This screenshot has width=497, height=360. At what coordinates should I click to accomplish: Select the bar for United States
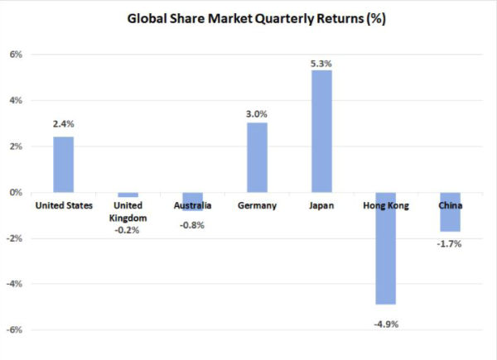coord(63,164)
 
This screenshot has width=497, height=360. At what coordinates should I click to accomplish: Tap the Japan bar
coord(321,131)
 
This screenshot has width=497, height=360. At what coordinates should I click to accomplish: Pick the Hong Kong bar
coord(387,248)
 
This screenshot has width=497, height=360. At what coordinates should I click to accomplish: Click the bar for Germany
coord(257,157)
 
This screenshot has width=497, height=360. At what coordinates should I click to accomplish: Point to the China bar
coord(451,212)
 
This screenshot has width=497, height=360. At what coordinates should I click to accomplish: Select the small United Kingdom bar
coord(128,194)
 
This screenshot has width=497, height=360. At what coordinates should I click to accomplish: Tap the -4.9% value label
coord(387,324)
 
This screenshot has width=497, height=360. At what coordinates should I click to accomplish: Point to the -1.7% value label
coord(451,243)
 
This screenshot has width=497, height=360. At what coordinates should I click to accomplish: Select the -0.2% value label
coord(128,230)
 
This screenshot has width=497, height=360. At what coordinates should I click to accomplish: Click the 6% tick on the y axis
coord(16,55)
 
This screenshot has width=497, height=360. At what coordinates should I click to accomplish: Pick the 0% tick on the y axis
coord(16,193)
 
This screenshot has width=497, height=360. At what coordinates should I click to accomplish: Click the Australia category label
coord(192,205)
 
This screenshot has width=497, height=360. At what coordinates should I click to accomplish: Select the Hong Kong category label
coord(387,205)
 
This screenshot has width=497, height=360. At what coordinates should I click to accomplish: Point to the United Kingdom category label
coord(128,211)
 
